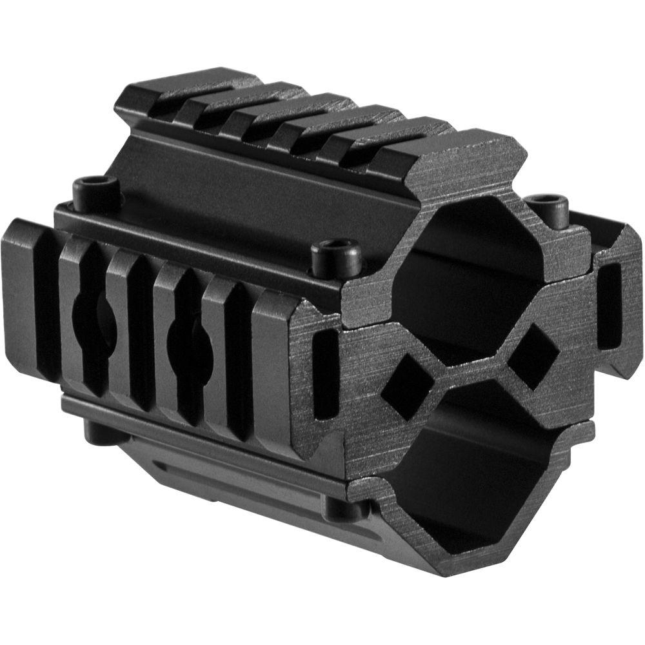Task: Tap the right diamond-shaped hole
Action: [x=533, y=356]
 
